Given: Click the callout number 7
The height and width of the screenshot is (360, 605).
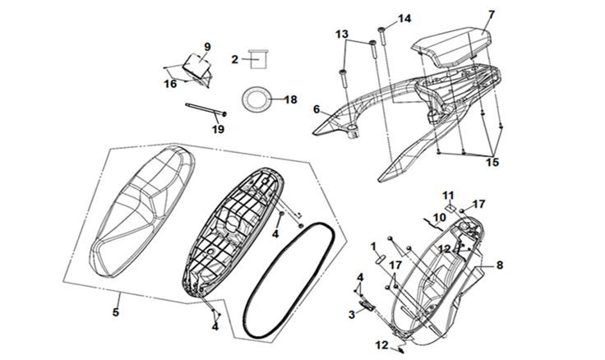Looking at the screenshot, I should tap(491, 14).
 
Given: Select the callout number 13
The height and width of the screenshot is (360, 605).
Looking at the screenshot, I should tap(341, 34).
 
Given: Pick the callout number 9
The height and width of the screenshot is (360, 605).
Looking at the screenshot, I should tap(207, 46).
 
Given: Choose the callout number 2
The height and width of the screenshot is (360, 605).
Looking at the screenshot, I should tap(234, 59).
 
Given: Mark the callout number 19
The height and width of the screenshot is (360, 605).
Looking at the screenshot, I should tap(217, 128).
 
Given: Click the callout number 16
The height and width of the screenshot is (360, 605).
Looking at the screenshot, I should tap(169, 83).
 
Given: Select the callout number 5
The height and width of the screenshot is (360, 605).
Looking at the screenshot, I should tap(116, 312).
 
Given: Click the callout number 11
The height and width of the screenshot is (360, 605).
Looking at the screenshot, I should tap(448, 194).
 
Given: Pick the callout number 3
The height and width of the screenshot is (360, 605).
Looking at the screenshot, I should tap(351, 315).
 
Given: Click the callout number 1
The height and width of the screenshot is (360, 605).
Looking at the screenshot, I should tap(372, 245).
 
